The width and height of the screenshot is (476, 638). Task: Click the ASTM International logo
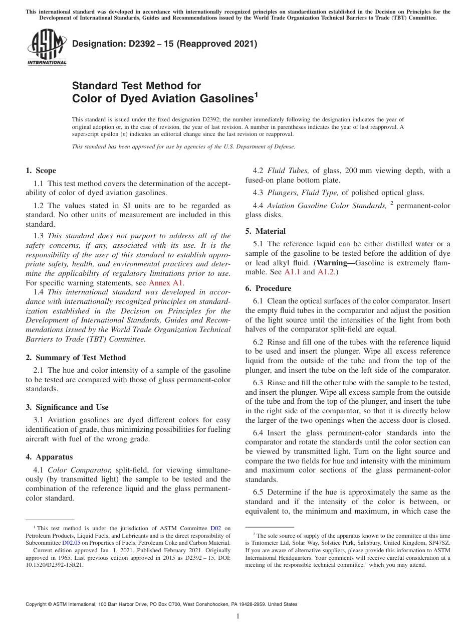pyautogui.click(x=46, y=48)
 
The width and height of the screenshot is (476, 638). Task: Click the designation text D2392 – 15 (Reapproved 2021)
pyautogui.click(x=164, y=44)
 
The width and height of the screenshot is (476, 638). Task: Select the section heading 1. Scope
pyautogui.click(x=41, y=171)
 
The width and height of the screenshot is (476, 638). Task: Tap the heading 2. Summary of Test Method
pyautogui.click(x=76, y=358)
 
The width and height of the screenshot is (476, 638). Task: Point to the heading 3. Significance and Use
pyautogui.click(x=67, y=407)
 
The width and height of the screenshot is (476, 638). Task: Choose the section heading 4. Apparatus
pyautogui.click(x=49, y=457)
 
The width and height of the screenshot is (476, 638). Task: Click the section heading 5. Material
pyautogui.click(x=266, y=231)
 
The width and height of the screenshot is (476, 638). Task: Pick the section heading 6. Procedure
pyautogui.click(x=268, y=288)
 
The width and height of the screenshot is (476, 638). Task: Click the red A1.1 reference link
pyautogui.click(x=292, y=272)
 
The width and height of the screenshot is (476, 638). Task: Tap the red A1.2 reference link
pyautogui.click(x=326, y=272)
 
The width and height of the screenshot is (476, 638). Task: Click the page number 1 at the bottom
pyautogui.click(x=238, y=616)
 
